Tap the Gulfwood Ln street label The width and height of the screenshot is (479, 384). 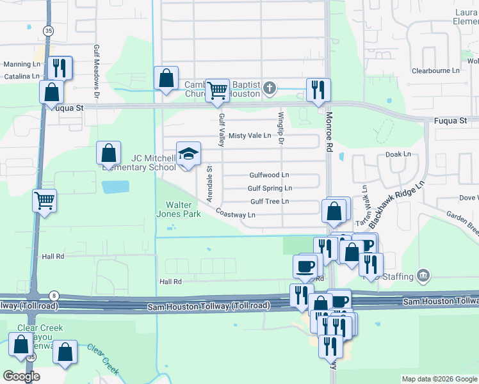click(x=269, y=175)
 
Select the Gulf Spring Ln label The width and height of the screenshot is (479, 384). click(x=270, y=188)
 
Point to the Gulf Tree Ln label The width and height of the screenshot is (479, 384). click(x=270, y=201)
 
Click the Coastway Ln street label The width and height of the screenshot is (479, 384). click(x=236, y=214)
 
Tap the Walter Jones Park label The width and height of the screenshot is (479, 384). click(x=179, y=209)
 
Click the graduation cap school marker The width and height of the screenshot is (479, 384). click(x=188, y=154)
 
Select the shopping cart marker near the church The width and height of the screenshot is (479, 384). click(x=218, y=90)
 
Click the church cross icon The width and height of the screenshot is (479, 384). click(x=270, y=87)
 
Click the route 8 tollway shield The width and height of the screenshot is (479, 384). click(x=53, y=295)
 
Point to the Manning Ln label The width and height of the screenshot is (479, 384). click(x=22, y=65)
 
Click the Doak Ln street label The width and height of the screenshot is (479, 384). click(x=398, y=154)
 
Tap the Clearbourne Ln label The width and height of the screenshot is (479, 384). click(x=437, y=71)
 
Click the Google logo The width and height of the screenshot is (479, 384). click(x=21, y=376)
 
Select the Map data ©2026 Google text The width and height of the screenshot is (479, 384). click(x=439, y=379)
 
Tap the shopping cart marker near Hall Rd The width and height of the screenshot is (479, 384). click(x=45, y=200)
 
